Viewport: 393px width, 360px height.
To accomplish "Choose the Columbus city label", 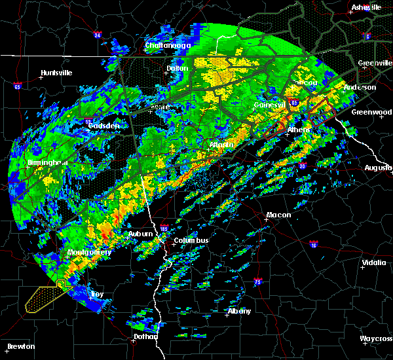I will tap(191, 240).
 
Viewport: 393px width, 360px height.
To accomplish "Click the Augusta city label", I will tap(378, 168).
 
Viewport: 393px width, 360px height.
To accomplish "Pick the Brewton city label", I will tap(22, 346).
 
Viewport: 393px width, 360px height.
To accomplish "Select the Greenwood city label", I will tap(371, 112).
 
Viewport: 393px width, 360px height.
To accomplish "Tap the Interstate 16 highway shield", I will tap(313, 244).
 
